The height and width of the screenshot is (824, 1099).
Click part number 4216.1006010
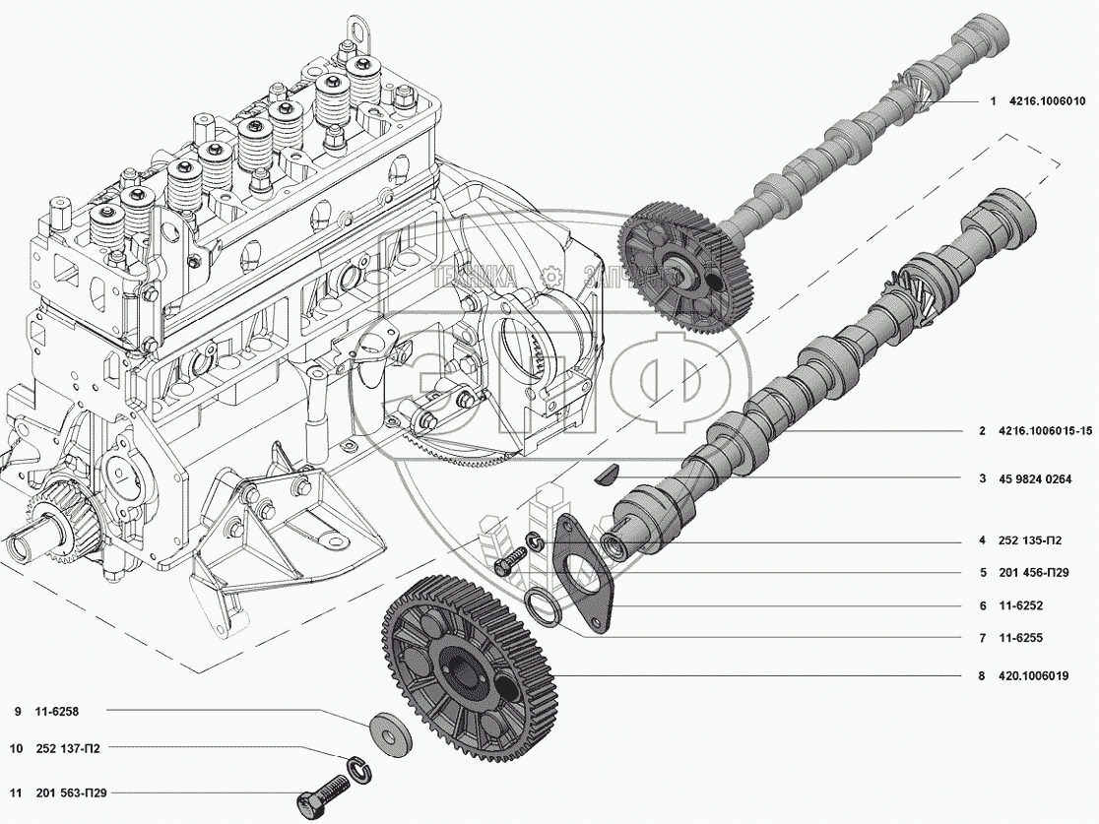point(1045,101)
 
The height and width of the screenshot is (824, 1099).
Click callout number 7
point(982,639)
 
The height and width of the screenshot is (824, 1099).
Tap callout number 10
point(16,748)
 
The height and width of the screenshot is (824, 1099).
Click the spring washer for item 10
point(357,767)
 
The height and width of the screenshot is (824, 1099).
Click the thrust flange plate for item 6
point(584,576)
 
